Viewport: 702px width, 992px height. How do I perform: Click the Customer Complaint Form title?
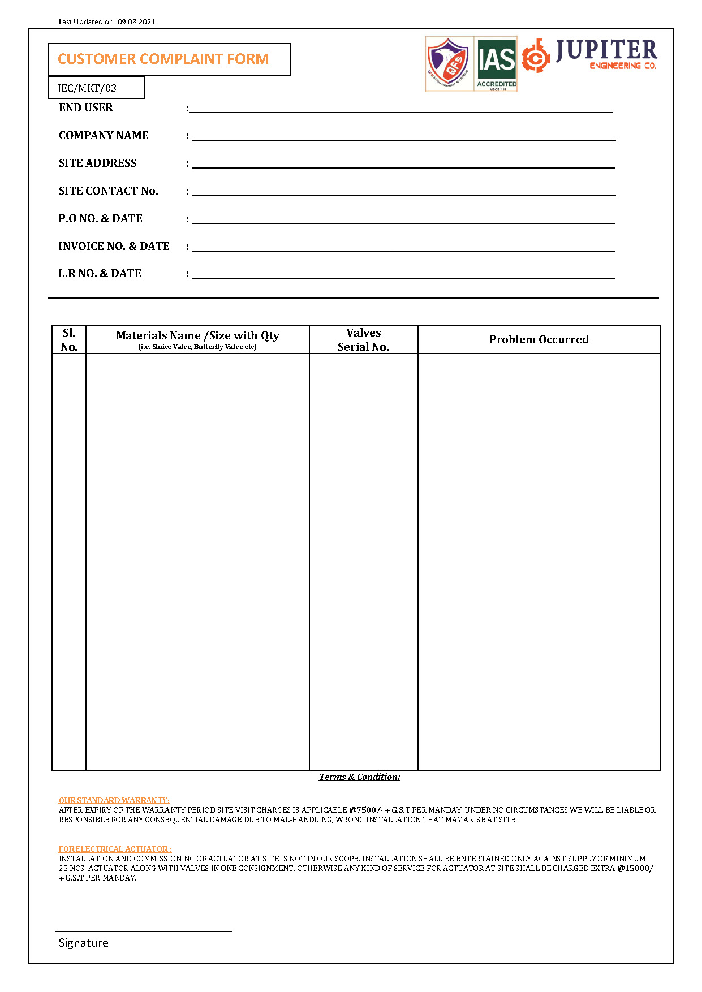tap(163, 59)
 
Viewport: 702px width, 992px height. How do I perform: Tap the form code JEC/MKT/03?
tap(87, 88)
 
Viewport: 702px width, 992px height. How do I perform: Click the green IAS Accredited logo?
tap(497, 63)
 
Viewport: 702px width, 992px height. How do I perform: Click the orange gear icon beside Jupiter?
tap(535, 56)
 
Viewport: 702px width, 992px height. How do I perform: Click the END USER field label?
tap(86, 108)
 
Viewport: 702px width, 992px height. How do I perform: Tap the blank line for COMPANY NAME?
tap(403, 136)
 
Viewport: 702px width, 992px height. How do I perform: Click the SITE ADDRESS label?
tap(98, 163)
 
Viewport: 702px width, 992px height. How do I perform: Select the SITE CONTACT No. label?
tap(109, 191)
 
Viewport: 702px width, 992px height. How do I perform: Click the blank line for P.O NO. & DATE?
tap(403, 219)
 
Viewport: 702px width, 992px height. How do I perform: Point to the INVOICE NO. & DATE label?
tap(114, 247)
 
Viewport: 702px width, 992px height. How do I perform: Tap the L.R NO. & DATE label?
tap(100, 274)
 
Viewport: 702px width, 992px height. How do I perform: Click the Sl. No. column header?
tap(69, 340)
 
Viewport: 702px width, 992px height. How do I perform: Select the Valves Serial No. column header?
tap(363, 340)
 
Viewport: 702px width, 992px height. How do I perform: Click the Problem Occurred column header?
tap(539, 340)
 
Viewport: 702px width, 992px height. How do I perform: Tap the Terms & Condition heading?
tap(360, 777)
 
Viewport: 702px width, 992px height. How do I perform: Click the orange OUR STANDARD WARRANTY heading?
tap(114, 800)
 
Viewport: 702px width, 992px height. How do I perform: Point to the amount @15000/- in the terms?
tap(636, 868)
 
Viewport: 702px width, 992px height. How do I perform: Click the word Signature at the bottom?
tap(84, 943)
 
